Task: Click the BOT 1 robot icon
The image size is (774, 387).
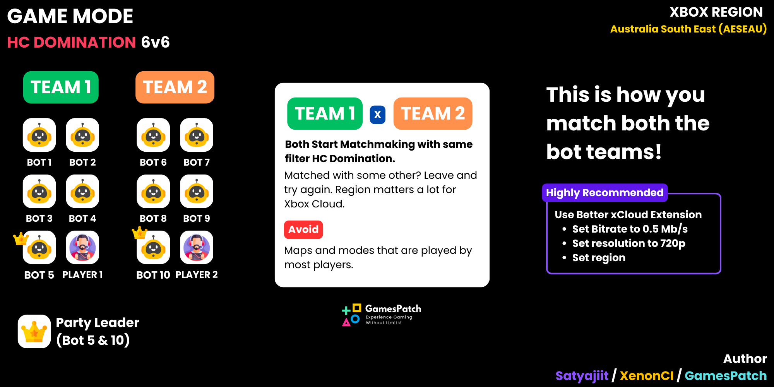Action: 39,135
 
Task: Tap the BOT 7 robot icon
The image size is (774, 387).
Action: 197,135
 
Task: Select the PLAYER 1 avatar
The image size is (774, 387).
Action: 82,247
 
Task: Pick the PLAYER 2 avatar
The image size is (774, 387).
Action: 197,247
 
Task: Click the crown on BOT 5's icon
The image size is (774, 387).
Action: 21,238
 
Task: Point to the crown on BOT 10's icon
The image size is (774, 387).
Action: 139,233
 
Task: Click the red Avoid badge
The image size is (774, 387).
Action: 303,229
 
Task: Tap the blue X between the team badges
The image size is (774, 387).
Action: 378,115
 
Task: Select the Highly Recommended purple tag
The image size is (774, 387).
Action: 605,193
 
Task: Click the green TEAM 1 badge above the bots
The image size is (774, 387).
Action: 61,87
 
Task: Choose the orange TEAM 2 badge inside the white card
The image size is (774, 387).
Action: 433,113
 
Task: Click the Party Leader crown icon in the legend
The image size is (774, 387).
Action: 34,331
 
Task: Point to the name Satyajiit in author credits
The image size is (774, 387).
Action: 582,376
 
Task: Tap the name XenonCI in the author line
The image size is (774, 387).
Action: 647,376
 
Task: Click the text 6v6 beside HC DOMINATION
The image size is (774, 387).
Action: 155,42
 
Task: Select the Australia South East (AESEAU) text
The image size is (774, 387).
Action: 688,29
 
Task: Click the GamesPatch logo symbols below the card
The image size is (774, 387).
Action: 351,315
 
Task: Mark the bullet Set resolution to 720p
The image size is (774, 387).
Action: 628,243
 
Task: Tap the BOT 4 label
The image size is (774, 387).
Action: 82,219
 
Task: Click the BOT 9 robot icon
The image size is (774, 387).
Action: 197,191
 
